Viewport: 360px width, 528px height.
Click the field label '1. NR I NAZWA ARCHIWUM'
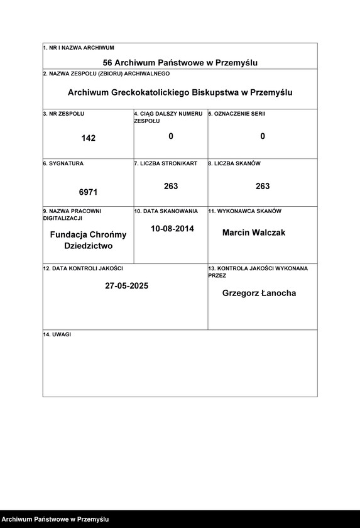coord(79,48)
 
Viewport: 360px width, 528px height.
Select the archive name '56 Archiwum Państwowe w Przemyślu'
coord(180,63)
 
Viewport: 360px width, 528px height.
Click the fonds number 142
coord(89,138)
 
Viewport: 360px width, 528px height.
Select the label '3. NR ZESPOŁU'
coord(63,113)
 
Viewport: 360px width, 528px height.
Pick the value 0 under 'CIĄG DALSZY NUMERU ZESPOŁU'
coord(171,136)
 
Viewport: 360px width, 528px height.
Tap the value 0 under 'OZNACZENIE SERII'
coord(263,136)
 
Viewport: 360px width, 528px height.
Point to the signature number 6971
coord(88,190)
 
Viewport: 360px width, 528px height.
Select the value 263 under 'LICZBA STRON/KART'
coord(171,186)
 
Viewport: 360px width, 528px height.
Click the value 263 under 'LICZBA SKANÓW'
coord(263,186)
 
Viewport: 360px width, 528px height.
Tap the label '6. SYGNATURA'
coord(63,163)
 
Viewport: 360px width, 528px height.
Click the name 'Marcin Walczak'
coord(254,233)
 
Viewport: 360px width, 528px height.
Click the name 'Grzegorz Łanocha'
coord(259,293)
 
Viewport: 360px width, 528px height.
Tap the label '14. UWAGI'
coord(57,334)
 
